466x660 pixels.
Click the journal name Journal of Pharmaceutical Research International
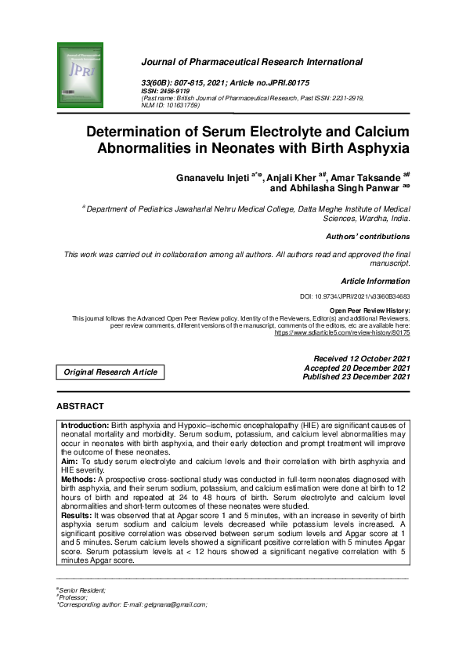[251, 62]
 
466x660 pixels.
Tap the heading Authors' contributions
[367, 237]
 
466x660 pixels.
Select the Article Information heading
[375, 281]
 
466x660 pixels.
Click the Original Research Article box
[110, 372]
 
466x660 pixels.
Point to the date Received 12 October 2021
[362, 358]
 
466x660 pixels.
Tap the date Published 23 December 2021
[356, 377]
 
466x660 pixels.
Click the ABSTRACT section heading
[80, 407]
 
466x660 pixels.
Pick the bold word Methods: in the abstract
[80, 478]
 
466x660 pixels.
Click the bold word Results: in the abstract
[77, 516]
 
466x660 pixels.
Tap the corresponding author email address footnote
[132, 604]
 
